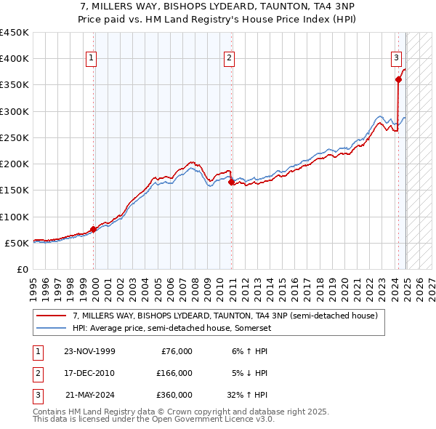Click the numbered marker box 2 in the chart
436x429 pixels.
pyautogui.click(x=230, y=59)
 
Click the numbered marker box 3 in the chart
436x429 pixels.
pyautogui.click(x=397, y=59)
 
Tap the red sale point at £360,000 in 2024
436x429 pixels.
pyautogui.click(x=398, y=80)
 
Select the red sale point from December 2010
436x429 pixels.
pyautogui.click(x=231, y=183)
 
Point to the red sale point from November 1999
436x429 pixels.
pyautogui.click(x=94, y=230)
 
